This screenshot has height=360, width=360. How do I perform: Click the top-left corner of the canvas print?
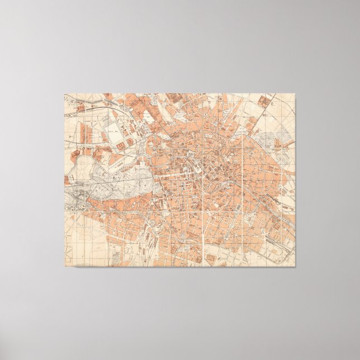tap(64, 93)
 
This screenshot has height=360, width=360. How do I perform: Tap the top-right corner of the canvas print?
tap(295, 93)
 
